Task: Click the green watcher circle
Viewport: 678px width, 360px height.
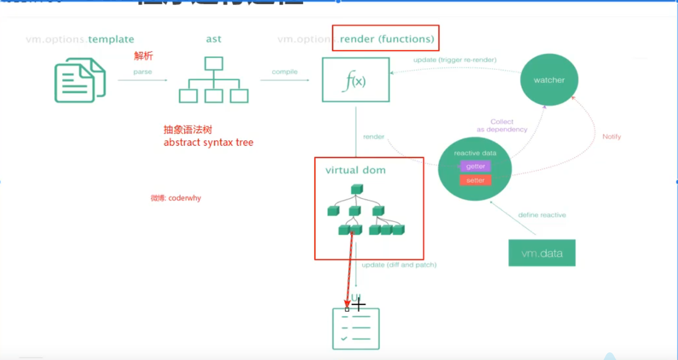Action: point(549,80)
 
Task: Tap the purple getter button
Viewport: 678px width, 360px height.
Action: point(475,167)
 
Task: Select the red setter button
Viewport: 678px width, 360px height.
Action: point(475,180)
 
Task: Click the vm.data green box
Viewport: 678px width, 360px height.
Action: point(541,253)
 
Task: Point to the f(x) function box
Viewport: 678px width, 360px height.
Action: point(356,80)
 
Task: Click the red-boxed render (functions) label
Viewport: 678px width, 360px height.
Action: point(387,39)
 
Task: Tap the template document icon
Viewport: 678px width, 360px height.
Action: point(80,80)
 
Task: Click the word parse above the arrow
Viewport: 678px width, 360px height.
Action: point(143,72)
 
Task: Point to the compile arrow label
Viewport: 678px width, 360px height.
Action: point(285,72)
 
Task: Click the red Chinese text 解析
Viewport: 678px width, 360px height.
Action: point(144,56)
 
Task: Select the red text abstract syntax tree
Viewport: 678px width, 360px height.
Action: point(208,143)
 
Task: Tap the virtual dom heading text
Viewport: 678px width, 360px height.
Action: point(356,170)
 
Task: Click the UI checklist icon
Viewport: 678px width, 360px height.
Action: point(356,329)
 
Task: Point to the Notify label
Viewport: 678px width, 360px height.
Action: point(611,136)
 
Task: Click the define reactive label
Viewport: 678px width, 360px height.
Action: point(542,215)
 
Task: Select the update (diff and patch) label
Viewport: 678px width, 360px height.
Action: point(399,265)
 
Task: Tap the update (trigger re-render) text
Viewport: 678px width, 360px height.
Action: point(455,60)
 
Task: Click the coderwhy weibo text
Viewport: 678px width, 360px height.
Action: point(176,198)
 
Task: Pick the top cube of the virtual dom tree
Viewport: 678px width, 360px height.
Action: point(356,189)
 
